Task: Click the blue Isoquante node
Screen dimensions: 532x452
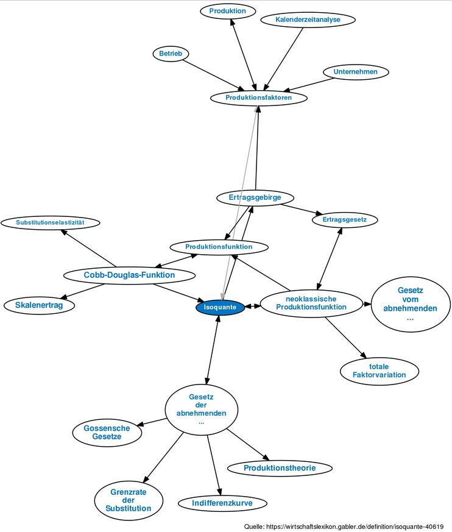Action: [x=220, y=307]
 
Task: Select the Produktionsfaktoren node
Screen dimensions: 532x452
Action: [x=258, y=98]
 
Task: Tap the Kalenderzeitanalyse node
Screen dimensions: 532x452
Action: [x=308, y=20]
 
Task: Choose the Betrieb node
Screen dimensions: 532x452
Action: [x=171, y=54]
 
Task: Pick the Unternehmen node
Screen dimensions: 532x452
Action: [x=355, y=72]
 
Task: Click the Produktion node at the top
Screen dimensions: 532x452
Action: [x=227, y=11]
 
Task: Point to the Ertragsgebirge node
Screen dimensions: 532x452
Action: [x=255, y=197]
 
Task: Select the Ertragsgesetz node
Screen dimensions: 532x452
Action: [x=345, y=219]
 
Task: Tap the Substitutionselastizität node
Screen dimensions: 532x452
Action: [x=50, y=222]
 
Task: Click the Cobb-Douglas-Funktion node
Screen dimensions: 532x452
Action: [x=129, y=275]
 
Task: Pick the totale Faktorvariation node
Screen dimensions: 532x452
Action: [x=379, y=371]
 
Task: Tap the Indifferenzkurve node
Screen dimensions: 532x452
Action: [x=222, y=503]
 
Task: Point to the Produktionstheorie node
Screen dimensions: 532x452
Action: [x=280, y=468]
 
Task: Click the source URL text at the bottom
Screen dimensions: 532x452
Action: [x=344, y=527]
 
